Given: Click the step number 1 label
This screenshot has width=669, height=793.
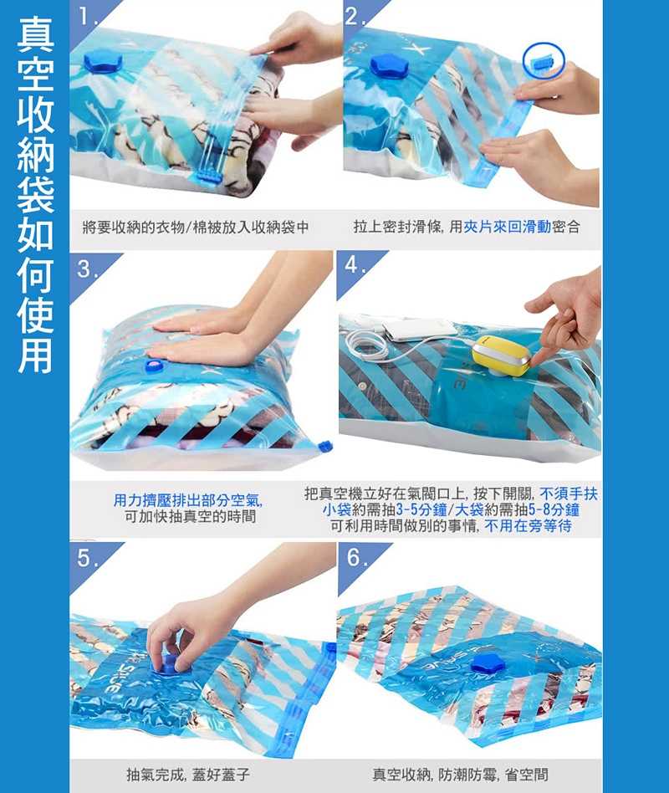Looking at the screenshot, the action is click(x=86, y=18).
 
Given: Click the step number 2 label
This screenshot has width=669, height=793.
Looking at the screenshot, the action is click(x=354, y=18).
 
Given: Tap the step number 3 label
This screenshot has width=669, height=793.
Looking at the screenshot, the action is click(x=86, y=269).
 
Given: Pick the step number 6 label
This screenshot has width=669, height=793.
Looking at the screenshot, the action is click(x=356, y=558).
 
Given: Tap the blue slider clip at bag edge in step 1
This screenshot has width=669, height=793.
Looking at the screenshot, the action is click(x=208, y=178).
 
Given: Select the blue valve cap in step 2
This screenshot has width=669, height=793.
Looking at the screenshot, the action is click(x=389, y=66).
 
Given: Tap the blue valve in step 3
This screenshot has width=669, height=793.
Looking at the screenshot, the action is click(x=151, y=366).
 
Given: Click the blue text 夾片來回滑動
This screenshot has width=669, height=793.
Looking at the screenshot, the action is click(x=507, y=227).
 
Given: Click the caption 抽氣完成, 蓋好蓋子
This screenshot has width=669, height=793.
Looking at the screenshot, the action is click(x=188, y=774).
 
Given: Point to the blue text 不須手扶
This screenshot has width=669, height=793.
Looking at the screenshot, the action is click(x=569, y=494).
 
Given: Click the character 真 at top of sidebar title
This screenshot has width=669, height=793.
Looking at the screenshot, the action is click(x=35, y=34).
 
